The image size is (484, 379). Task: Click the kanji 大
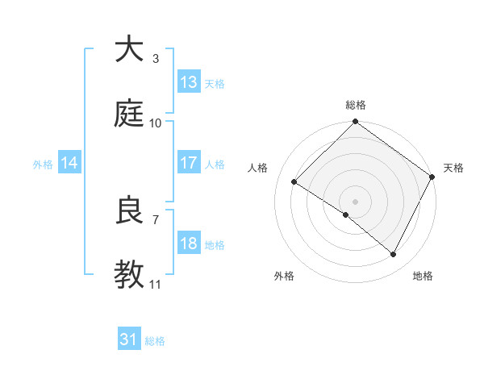[x=129, y=50]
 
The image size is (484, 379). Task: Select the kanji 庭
[x=129, y=115]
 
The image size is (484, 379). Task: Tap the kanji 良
[x=129, y=210]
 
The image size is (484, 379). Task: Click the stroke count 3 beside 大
[x=155, y=59]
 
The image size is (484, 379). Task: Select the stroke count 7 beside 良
[x=155, y=219]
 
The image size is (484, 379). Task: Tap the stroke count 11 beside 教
[x=155, y=285]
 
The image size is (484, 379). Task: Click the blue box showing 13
[x=189, y=82]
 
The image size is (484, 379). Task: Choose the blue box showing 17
[x=189, y=163]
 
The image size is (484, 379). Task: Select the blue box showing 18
[x=189, y=244]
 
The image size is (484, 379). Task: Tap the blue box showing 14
[x=69, y=164]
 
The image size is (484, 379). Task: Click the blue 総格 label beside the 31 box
[x=155, y=341]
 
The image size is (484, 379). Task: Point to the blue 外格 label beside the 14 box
[x=43, y=165]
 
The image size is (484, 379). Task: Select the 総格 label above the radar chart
[x=355, y=105]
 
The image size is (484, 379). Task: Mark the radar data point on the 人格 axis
[x=294, y=182]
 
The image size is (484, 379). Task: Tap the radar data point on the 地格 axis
[x=394, y=255]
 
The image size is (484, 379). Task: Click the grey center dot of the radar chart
[x=355, y=201]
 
